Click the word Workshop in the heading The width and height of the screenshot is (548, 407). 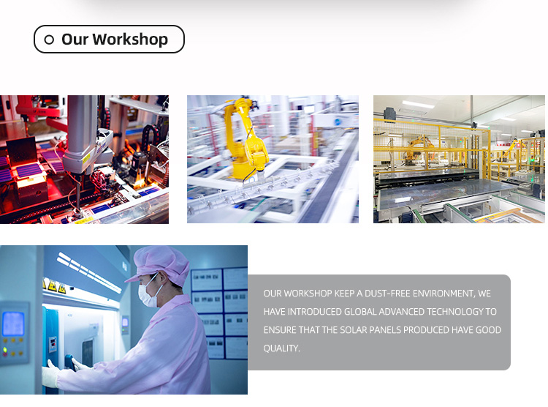pos(130,40)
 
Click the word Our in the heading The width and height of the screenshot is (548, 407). pos(75,40)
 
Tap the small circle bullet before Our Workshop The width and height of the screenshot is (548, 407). pos(49,40)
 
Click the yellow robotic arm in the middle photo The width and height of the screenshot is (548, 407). pos(246,140)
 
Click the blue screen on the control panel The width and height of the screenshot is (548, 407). pos(13,324)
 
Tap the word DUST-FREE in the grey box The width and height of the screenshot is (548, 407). pos(387,294)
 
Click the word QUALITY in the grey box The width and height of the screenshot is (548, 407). pos(281,348)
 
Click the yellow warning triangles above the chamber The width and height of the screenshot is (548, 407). pos(55,285)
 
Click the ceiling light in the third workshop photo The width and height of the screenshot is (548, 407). pos(419,104)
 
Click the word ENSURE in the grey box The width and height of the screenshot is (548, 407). pos(280,330)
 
